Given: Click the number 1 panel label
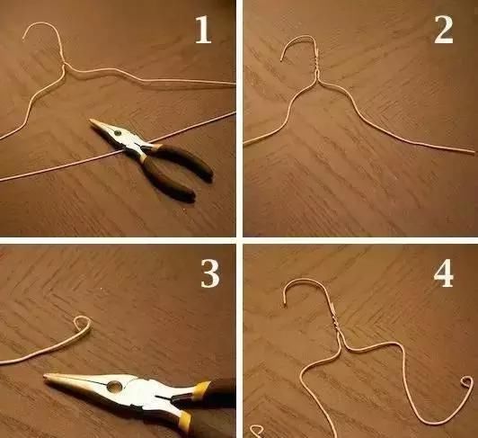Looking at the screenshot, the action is pyautogui.click(x=203, y=30).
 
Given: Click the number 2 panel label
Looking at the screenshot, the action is pyautogui.click(x=444, y=30).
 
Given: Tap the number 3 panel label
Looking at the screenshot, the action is pyautogui.click(x=210, y=274).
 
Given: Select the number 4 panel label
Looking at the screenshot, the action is pyautogui.click(x=444, y=273).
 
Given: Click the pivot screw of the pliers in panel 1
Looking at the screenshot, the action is pyautogui.click(x=117, y=133).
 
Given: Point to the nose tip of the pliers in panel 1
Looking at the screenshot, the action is pyautogui.click(x=91, y=121).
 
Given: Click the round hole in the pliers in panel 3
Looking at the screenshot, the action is pyautogui.click(x=114, y=387).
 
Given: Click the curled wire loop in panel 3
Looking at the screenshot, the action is pyautogui.click(x=84, y=323).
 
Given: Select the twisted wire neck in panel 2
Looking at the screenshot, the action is pyautogui.click(x=317, y=60).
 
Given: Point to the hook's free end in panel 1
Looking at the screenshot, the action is pyautogui.click(x=23, y=38).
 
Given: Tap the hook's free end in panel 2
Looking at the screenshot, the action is pyautogui.click(x=282, y=60).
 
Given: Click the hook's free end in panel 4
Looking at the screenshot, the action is pyautogui.click(x=286, y=304).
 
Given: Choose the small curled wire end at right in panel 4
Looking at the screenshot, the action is pyautogui.click(x=466, y=382).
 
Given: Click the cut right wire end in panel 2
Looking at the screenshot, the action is pyautogui.click(x=474, y=151).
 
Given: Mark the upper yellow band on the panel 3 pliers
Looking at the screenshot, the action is pyautogui.click(x=202, y=387).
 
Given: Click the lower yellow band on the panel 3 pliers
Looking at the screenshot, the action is pyautogui.click(x=185, y=419).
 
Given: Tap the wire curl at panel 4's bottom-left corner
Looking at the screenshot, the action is pyautogui.click(x=257, y=431).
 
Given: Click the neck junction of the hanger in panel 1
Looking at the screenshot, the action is pyautogui.click(x=65, y=65).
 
